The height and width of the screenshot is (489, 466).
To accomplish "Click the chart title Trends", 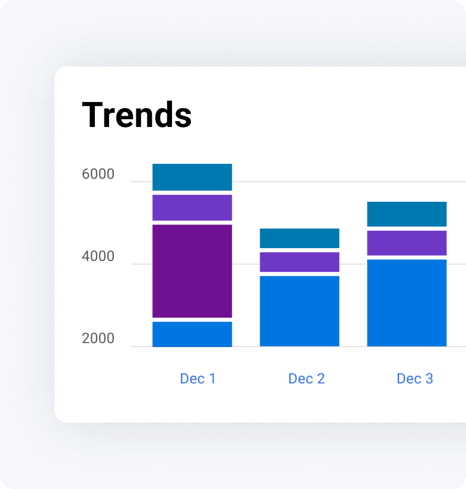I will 137,115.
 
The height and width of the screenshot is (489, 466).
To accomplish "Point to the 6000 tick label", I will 98,175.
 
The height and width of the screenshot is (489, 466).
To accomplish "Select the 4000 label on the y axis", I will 98,257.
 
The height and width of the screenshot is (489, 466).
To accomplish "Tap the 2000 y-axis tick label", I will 98,339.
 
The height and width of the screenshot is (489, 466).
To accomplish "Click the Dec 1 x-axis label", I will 197,379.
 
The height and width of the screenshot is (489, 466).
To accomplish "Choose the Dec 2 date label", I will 307,379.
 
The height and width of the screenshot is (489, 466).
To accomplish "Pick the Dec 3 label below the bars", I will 414,379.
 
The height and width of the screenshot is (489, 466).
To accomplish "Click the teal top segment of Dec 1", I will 192,177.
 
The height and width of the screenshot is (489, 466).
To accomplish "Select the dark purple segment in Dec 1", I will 192,271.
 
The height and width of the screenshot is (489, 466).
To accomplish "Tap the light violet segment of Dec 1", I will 192,208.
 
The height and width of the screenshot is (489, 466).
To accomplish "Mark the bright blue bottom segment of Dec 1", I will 192,334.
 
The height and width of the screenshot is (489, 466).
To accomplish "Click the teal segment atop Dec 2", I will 299,238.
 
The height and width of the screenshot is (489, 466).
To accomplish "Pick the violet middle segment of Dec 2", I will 299,262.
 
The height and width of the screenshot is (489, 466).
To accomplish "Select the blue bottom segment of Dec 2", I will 299,311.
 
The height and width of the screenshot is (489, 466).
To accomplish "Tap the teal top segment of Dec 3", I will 407,214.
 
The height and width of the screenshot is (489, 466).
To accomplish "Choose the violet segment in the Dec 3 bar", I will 407,243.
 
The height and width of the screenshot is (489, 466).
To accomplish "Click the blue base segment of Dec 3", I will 407,303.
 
